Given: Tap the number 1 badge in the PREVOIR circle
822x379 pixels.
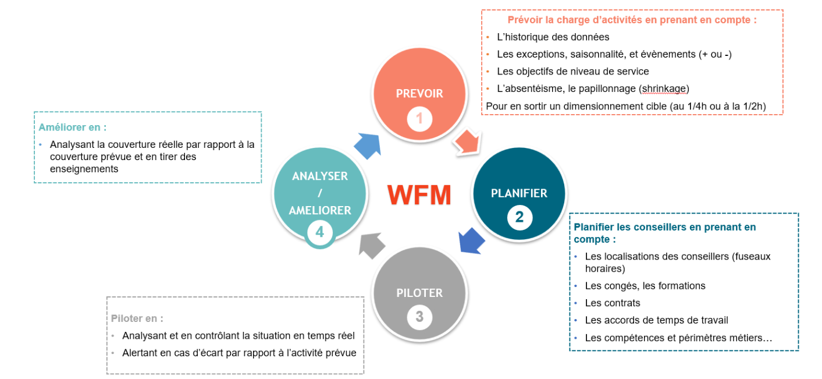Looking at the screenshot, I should point(419,119).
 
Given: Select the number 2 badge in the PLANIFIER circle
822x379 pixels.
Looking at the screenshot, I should point(519,218).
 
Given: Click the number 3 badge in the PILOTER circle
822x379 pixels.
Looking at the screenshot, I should point(419,317).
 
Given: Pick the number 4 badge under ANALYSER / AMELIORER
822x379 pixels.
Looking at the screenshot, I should point(319,232).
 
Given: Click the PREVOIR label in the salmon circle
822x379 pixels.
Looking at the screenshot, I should point(419,94).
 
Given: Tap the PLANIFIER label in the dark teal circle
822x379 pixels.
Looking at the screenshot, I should point(519,193).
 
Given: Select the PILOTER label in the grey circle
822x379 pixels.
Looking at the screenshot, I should point(419,293).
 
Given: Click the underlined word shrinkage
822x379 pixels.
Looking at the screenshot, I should point(664,88).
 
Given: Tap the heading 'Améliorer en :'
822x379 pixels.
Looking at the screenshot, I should point(73,127).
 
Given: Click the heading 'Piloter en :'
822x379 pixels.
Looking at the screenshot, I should point(137,318).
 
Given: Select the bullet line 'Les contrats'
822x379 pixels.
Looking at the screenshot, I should point(612,303).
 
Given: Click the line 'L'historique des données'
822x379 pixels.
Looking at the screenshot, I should point(553,37).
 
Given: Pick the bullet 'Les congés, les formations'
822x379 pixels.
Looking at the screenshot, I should point(645,286).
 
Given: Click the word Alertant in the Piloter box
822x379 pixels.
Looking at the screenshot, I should point(140,353).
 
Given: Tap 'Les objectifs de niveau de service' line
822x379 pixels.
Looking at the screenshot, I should point(572,72).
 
